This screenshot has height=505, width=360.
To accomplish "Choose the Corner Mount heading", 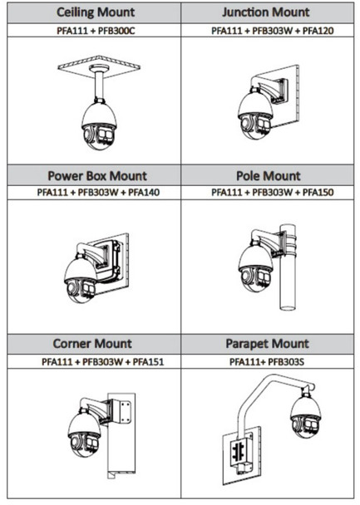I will coord(91,343).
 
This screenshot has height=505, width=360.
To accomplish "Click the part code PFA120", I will coord(316,30).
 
